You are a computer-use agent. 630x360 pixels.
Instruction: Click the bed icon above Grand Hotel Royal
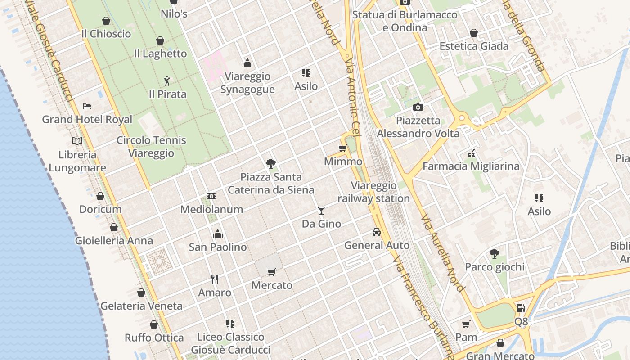pyautogui.click(x=87, y=106)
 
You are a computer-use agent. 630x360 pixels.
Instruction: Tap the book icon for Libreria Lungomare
pyautogui.click(x=77, y=141)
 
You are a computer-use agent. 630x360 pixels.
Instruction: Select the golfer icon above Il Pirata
pyautogui.click(x=167, y=81)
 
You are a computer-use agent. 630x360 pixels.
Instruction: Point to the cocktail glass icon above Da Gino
pyautogui.click(x=321, y=210)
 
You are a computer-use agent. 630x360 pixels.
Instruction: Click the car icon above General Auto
pyautogui.click(x=377, y=232)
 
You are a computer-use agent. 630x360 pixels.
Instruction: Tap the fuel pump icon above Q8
pyautogui.click(x=521, y=308)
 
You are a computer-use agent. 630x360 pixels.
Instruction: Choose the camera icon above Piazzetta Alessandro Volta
pyautogui.click(x=418, y=107)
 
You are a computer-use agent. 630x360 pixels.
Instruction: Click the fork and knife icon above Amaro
pyautogui.click(x=215, y=279)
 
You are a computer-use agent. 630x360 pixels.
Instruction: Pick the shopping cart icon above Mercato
pyautogui.click(x=271, y=272)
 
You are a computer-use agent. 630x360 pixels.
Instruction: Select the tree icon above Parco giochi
pyautogui.click(x=495, y=253)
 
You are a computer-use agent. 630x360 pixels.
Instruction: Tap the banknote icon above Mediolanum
pyautogui.click(x=211, y=196)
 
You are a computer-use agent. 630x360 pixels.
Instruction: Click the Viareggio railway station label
pyautogui.click(x=373, y=192)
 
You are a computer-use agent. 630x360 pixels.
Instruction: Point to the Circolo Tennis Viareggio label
pyautogui.click(x=151, y=147)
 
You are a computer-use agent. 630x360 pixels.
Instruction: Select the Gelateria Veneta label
pyautogui.click(x=141, y=306)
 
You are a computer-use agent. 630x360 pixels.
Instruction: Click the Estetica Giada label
pyautogui.click(x=474, y=46)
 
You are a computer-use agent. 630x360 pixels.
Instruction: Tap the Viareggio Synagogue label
pyautogui.click(x=247, y=83)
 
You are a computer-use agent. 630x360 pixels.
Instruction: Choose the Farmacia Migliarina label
pyautogui.click(x=471, y=166)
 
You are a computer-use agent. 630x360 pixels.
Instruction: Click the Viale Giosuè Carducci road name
pyautogui.click(x=49, y=49)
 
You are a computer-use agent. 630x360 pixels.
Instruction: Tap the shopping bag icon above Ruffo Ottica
pyautogui.click(x=154, y=324)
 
